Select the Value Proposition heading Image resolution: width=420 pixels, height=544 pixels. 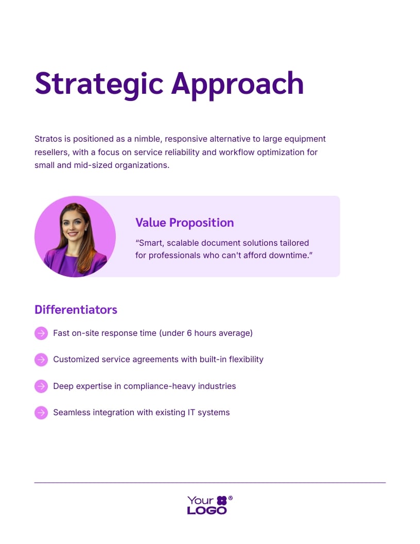tap(184, 223)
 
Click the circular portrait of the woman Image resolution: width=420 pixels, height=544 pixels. tap(75, 236)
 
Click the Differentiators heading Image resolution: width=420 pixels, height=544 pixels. tap(76, 310)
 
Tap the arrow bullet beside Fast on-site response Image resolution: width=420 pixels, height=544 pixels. tap(41, 333)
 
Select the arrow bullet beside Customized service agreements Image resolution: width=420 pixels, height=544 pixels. tap(41, 360)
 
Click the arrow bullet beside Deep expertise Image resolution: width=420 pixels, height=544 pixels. tap(41, 386)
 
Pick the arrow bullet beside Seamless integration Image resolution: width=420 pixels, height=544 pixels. tap(41, 413)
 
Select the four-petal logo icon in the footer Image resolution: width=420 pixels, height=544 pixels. tap(221, 500)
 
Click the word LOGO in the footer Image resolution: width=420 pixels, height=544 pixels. tap(207, 511)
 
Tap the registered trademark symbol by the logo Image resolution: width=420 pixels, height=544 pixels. tap(231, 498)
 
